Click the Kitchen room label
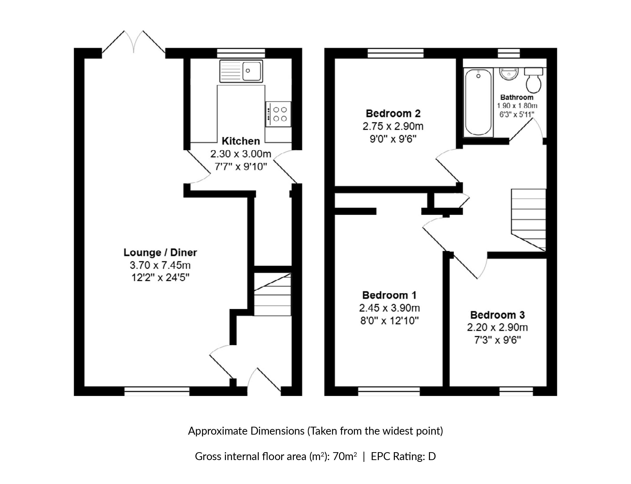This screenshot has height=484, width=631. click(241, 141)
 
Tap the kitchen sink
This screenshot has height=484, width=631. click(241, 71)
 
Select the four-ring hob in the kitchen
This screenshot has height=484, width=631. click(278, 114)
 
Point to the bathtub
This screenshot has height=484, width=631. click(478, 102)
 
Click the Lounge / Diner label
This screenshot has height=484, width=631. click(160, 252)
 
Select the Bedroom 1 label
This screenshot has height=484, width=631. click(389, 295)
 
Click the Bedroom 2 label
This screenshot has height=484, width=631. click(393, 114)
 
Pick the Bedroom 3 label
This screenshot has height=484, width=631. click(497, 315)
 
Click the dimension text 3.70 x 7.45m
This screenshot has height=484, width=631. click(160, 265)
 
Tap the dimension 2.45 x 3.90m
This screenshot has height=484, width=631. click(389, 308)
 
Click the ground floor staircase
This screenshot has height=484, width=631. click(273, 294)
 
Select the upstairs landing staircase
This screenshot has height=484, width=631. click(528, 220)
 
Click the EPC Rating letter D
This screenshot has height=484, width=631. click(432, 456)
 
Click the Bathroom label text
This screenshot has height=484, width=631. click(517, 97)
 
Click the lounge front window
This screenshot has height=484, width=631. click(157, 391)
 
